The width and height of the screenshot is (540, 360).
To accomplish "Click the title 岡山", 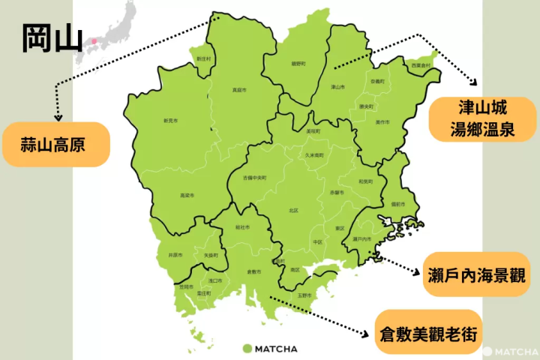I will [52, 39].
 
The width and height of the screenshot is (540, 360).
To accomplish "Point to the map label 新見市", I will [171, 121].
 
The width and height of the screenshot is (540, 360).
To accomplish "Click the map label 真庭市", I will [238, 90].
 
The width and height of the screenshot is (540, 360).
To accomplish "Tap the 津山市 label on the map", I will [338, 87].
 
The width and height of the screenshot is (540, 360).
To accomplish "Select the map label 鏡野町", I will [298, 64].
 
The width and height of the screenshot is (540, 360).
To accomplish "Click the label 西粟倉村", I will [421, 66].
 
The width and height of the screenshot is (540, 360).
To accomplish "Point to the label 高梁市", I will [187, 196].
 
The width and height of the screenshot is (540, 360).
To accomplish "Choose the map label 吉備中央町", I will [254, 178].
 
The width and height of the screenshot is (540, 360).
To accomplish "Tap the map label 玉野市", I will [304, 295].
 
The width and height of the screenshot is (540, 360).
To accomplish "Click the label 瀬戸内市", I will [362, 238].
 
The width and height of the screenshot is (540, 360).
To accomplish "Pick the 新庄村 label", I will [203, 58].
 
